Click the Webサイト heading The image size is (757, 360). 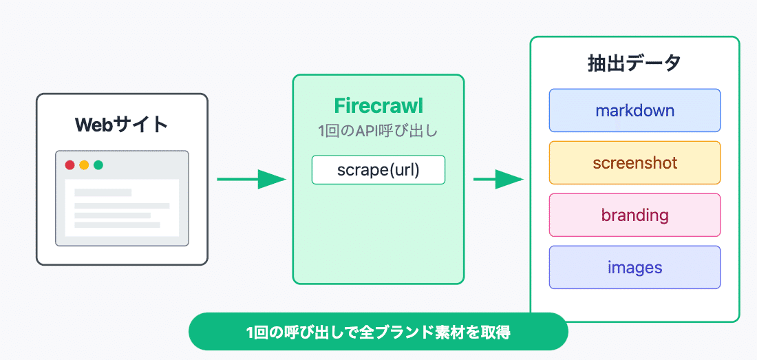click(x=122, y=125)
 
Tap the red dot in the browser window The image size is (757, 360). click(x=70, y=165)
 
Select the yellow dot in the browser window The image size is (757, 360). click(x=84, y=165)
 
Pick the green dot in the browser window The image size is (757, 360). click(x=98, y=165)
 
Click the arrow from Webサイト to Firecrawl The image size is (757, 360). click(x=251, y=180)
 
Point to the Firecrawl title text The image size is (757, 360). click(x=378, y=106)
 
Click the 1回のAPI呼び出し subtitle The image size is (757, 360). click(x=378, y=131)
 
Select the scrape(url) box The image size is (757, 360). click(x=378, y=170)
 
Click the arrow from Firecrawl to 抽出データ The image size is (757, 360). click(x=498, y=180)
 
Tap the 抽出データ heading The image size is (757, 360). click(x=635, y=63)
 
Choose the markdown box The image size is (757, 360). click(x=635, y=111)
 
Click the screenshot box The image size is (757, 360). click(x=635, y=162)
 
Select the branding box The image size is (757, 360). click(x=635, y=215)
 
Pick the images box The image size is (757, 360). click(x=635, y=267)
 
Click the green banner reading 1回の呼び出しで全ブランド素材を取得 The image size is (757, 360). click(x=378, y=332)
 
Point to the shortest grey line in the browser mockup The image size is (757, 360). click(x=103, y=193)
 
